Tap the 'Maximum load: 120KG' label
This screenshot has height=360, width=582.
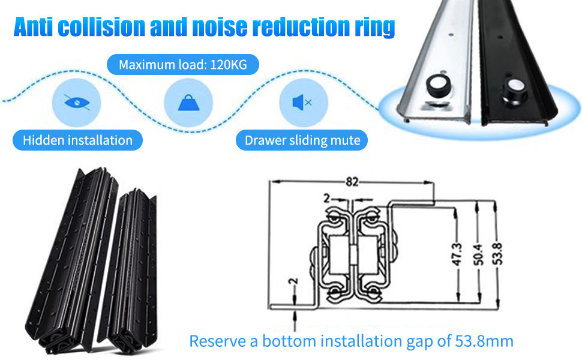tap(182, 64)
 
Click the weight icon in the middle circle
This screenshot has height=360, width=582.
tap(188, 101)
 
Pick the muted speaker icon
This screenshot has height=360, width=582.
tap(302, 102)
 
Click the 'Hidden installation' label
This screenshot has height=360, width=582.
tap(77, 140)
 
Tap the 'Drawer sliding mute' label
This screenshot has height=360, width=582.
tap(302, 140)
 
